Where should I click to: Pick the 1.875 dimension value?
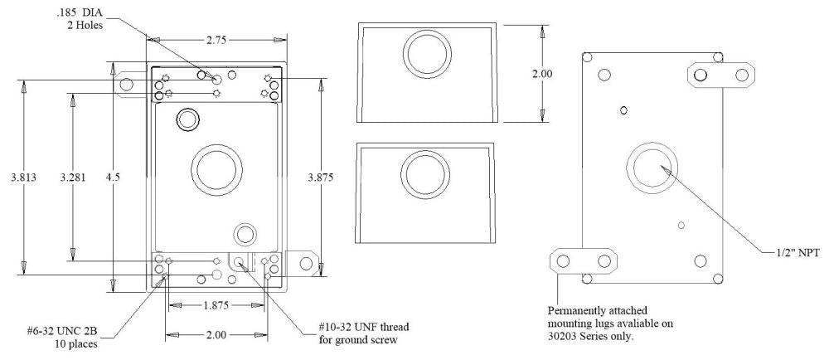pyautogui.click(x=216, y=305)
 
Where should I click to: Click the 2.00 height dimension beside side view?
pyautogui.click(x=541, y=74)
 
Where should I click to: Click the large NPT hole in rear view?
pyautogui.click(x=654, y=164)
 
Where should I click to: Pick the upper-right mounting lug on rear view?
pyautogui.click(x=722, y=75)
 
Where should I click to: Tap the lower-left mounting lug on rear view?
pyautogui.click(x=584, y=262)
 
